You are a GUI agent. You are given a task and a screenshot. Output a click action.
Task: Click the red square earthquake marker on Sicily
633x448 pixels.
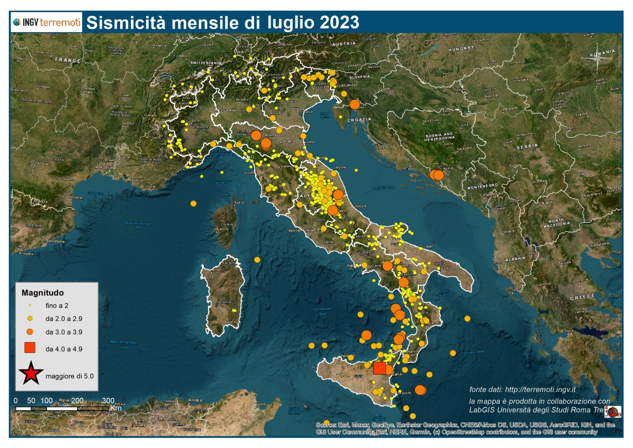pos(379,368)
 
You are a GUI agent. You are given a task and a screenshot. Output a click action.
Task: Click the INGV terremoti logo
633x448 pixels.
pos(46,23)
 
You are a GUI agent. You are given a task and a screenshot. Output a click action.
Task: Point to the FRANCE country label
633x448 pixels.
pos(66,60)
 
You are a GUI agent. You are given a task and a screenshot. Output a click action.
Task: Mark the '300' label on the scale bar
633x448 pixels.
pos(108,400)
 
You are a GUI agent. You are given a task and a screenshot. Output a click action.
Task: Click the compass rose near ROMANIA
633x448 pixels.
pos(598,59)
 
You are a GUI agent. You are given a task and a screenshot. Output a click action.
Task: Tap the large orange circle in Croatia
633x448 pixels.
pos(354,104)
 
